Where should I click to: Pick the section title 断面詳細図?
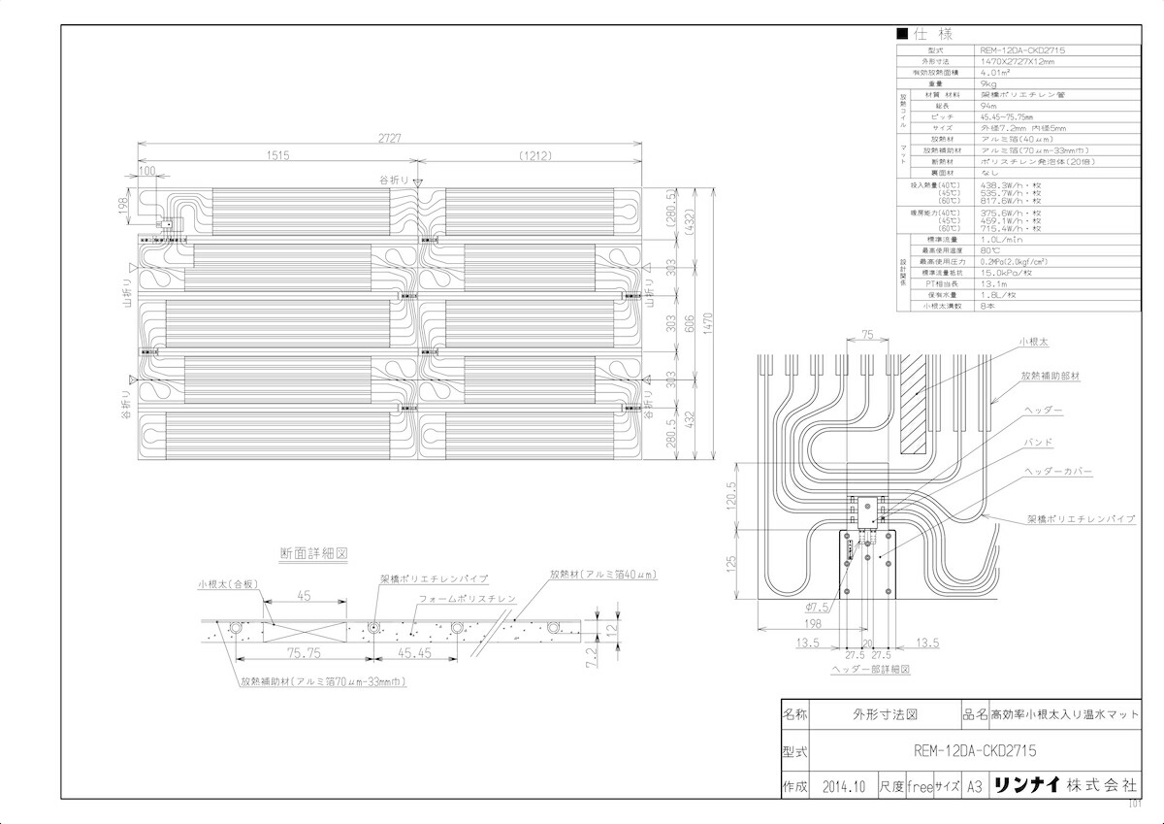pos(313,552)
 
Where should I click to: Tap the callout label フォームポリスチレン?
pos(467,599)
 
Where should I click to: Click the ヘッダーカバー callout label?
pos(1058,471)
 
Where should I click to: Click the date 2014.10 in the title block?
pos(841,786)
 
